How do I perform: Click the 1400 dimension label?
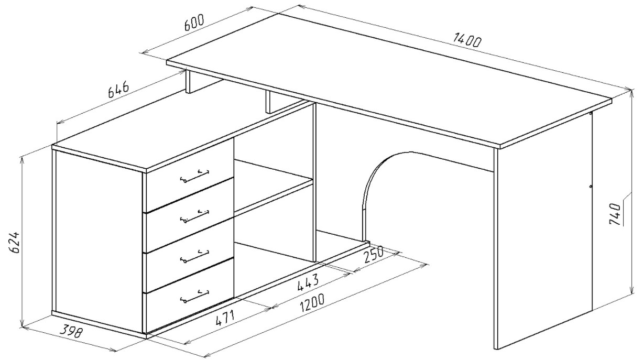[466, 40]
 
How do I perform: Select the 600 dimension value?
[194, 22]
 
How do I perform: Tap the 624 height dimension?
[14, 242]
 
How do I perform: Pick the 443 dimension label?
[308, 282]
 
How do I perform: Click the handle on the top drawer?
[194, 176]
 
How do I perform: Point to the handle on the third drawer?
[194, 256]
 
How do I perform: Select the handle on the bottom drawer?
[194, 296]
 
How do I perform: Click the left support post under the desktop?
[189, 82]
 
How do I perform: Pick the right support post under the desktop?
[269, 102]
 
